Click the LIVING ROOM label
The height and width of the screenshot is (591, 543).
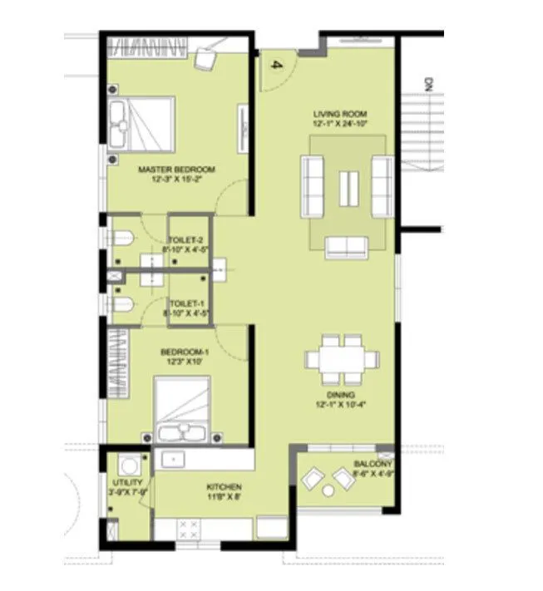(340, 113)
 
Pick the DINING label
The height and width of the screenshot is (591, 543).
(340, 395)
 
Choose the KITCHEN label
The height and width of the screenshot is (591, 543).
(225, 487)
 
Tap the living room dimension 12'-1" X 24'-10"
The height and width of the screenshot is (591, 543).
(340, 123)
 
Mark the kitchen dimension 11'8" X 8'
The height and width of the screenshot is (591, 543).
(225, 498)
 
